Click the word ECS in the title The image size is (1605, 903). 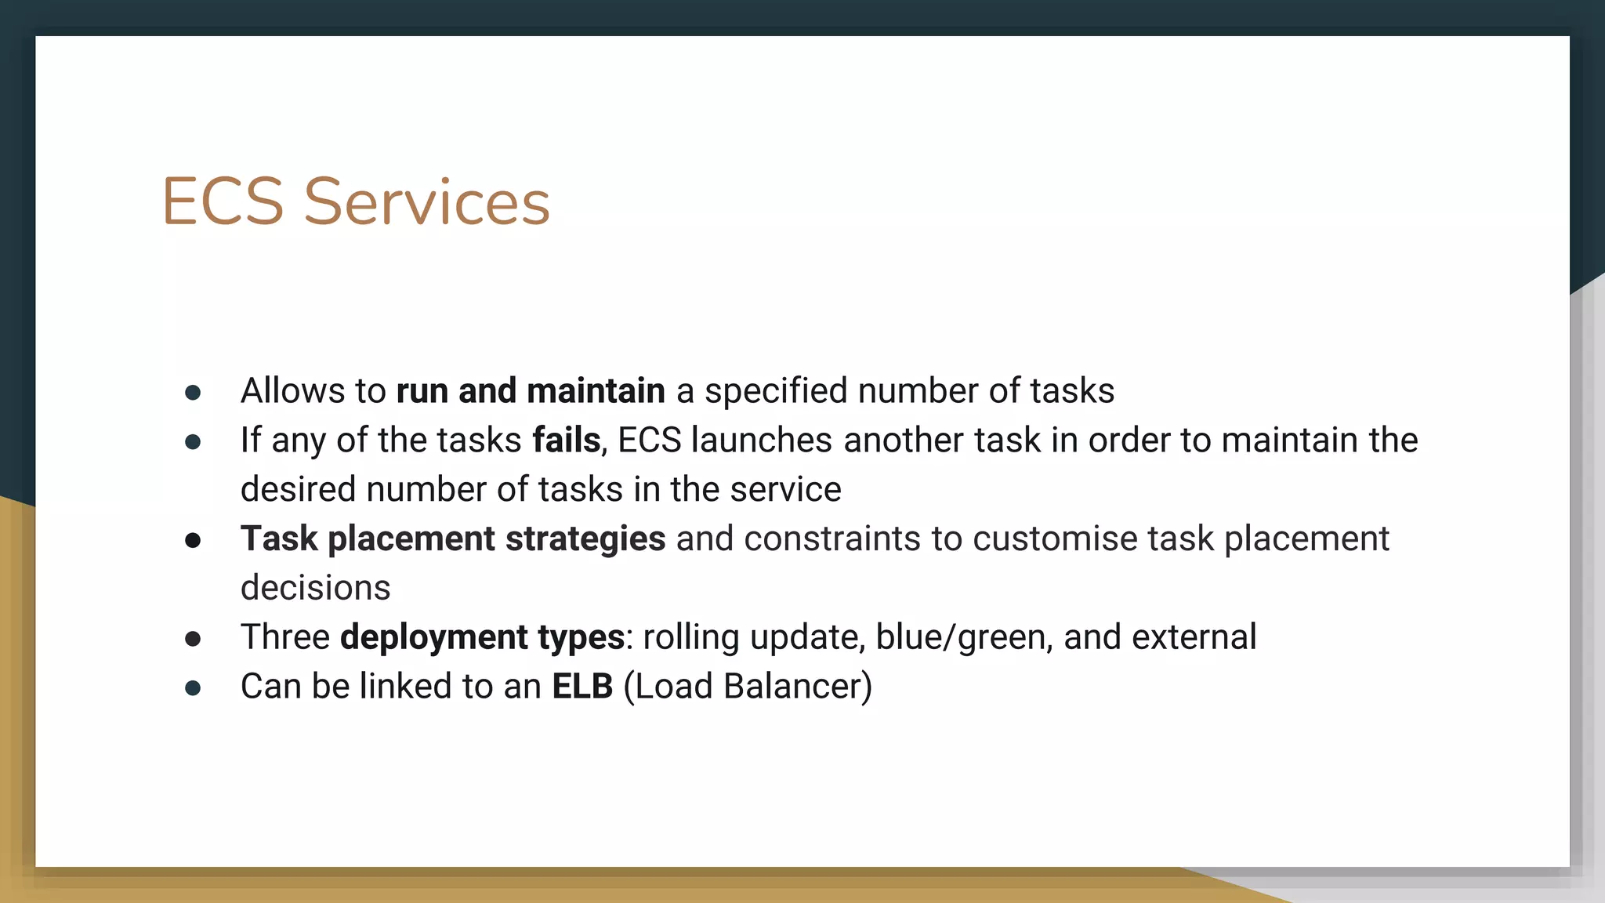pos(223,201)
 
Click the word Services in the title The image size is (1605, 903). pos(427,201)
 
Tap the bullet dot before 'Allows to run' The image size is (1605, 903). pos(193,393)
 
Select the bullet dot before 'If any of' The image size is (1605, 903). pos(193,442)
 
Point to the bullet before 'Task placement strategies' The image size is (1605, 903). pos(193,540)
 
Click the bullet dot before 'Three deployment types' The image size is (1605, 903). pos(193,639)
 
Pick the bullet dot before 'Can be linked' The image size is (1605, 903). pos(193,688)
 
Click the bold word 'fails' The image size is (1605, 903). pos(566,440)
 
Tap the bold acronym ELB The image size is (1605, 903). pos(582,686)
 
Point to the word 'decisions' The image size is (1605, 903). pos(315,588)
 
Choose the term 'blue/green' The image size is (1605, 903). pos(963,637)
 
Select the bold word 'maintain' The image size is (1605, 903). pos(596,390)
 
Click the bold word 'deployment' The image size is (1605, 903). pos(433,637)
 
